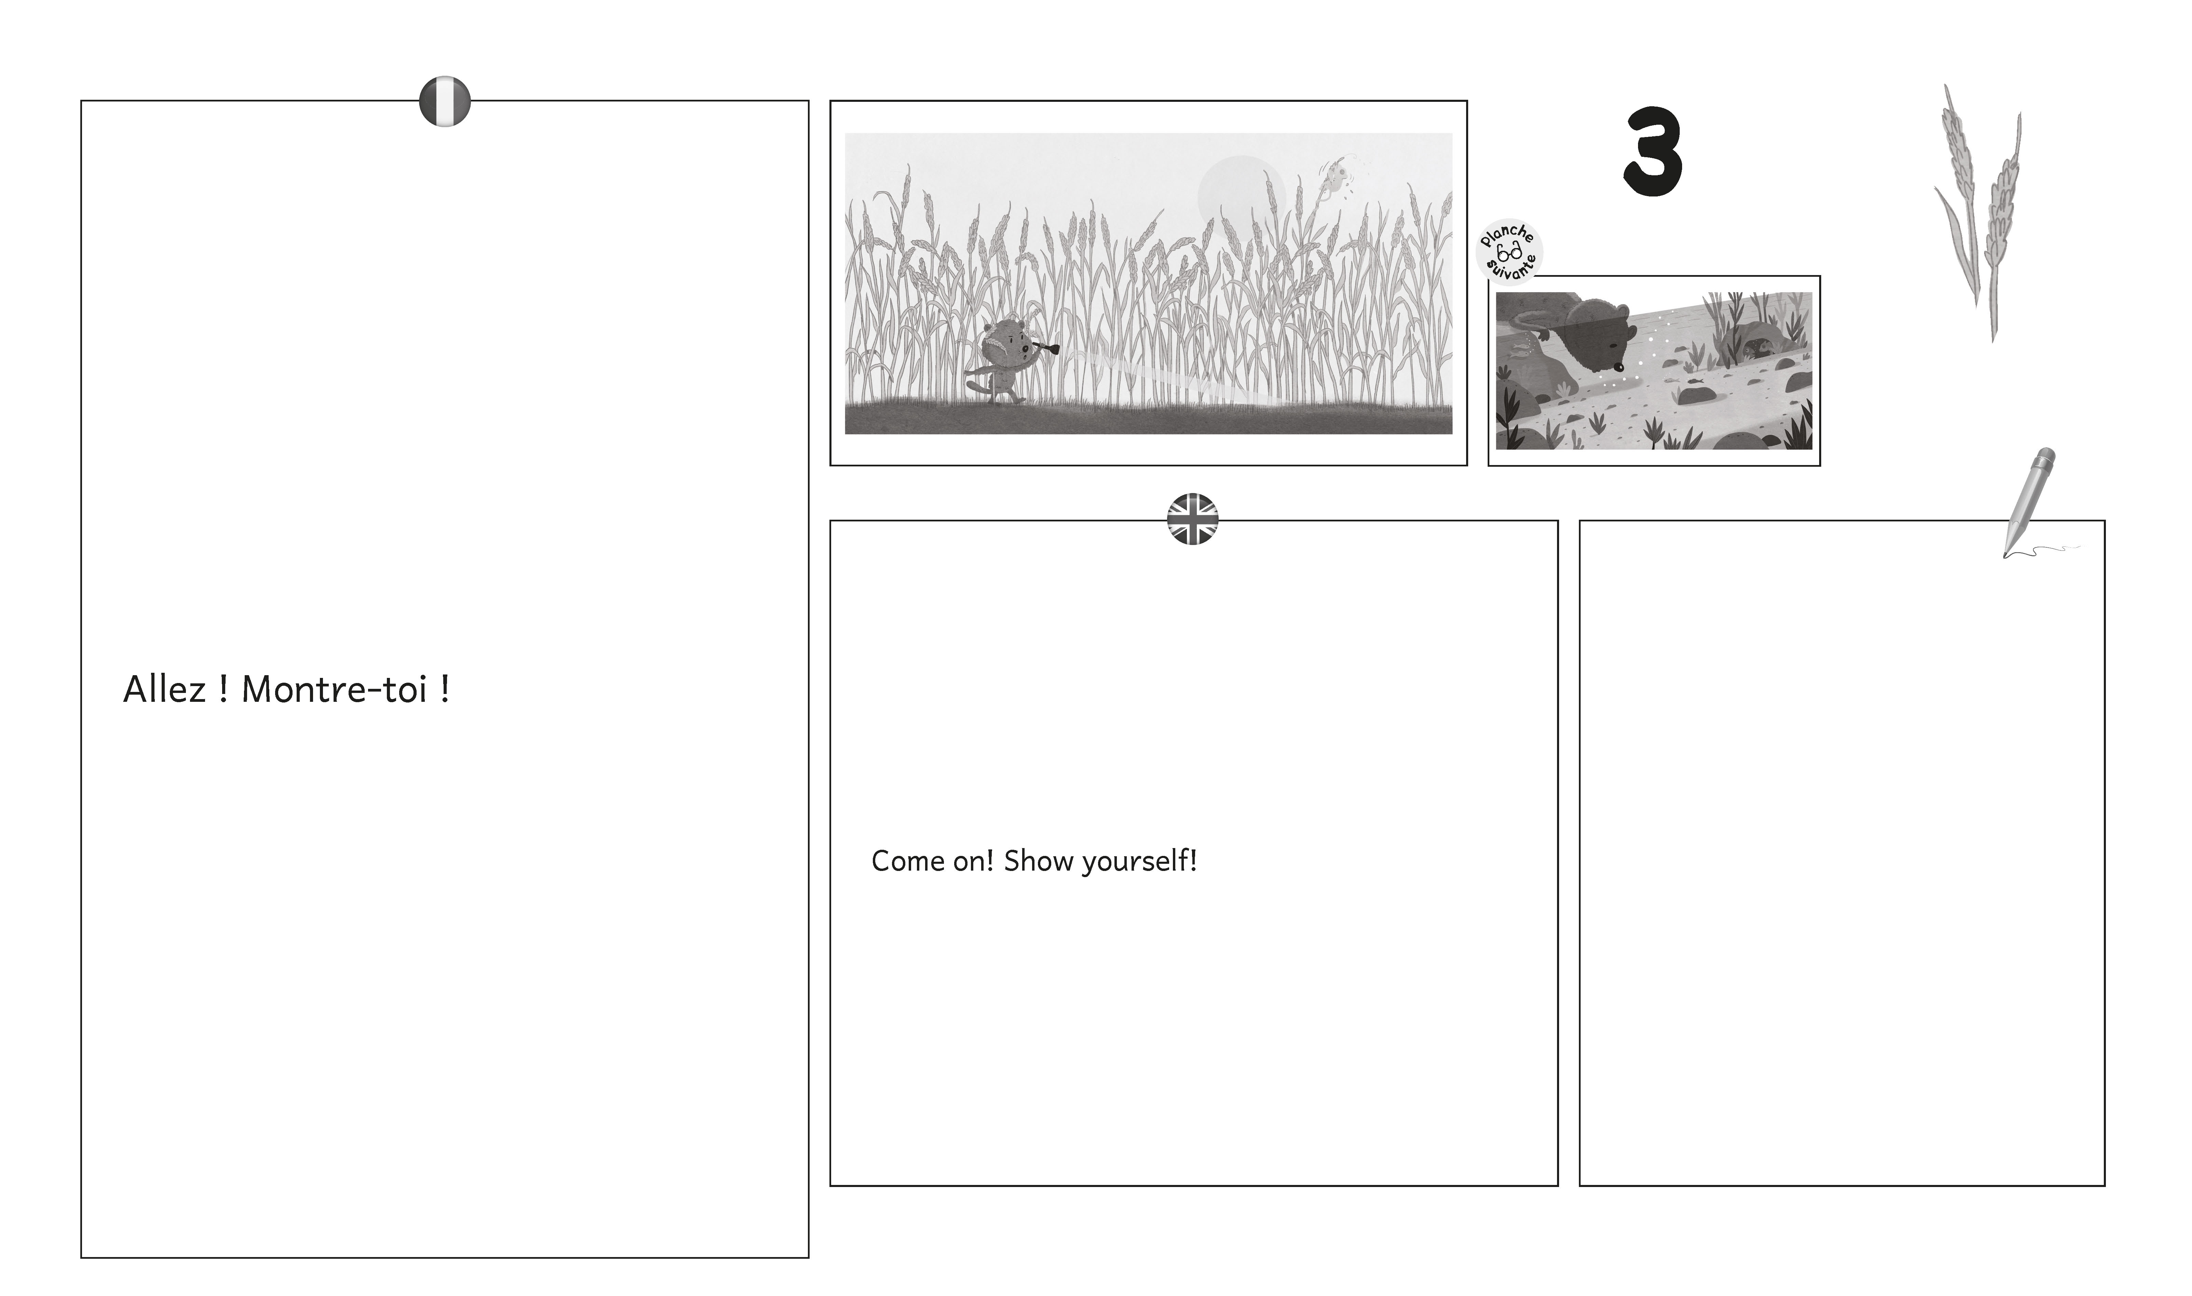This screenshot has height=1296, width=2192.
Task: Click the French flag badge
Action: [x=445, y=101]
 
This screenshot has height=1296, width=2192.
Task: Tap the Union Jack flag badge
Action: [x=1193, y=520]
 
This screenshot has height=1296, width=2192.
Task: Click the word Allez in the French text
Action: [x=164, y=690]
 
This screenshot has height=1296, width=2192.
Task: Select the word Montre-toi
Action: [x=335, y=690]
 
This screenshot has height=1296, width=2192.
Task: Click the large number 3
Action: [x=1653, y=153]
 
